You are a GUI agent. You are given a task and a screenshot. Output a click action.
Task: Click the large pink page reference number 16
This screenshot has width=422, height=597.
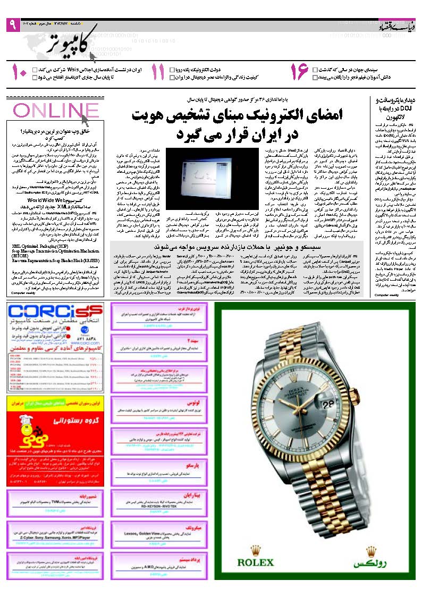click(299, 73)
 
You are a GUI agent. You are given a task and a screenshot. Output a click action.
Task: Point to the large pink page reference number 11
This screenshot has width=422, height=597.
click(158, 73)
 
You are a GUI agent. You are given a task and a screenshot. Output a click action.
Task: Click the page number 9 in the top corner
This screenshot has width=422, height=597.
click(13, 25)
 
